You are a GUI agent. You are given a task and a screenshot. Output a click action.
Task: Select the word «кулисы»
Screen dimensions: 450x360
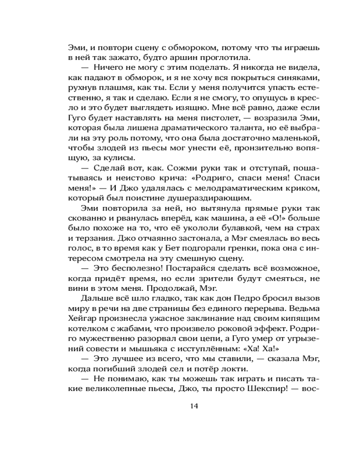[123, 156]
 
